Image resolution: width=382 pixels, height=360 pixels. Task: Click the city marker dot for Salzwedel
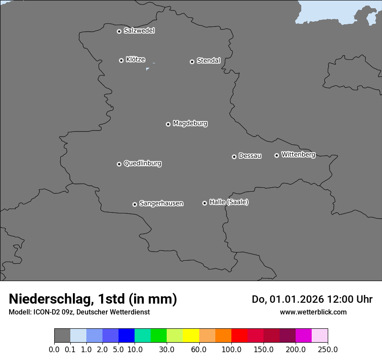tap(119, 31)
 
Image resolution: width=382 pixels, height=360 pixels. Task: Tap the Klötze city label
tap(135, 59)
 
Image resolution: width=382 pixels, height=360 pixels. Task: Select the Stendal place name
tap(208, 61)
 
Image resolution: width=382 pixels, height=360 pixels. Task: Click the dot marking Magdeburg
tap(168, 124)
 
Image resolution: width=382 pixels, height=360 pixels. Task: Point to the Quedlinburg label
tap(142, 164)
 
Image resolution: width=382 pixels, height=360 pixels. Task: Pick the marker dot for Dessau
tap(234, 157)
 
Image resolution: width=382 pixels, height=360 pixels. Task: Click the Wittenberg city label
tap(298, 154)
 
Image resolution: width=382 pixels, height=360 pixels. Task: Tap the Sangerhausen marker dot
tap(135, 204)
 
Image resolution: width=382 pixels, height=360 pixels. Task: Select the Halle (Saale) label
tap(229, 202)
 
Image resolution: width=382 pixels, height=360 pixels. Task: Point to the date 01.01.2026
tap(296, 299)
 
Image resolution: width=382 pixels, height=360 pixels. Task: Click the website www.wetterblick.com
tap(313, 312)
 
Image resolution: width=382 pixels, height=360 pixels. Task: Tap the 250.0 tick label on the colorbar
tap(328, 349)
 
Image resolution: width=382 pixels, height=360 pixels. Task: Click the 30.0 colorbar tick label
tap(167, 349)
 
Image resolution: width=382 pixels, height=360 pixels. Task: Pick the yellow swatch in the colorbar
tap(191, 336)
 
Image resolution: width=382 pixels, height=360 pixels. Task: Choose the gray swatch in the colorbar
tap(62, 336)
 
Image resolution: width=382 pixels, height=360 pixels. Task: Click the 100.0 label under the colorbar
tap(231, 349)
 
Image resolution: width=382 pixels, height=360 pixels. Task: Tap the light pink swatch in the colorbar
tap(319, 336)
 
